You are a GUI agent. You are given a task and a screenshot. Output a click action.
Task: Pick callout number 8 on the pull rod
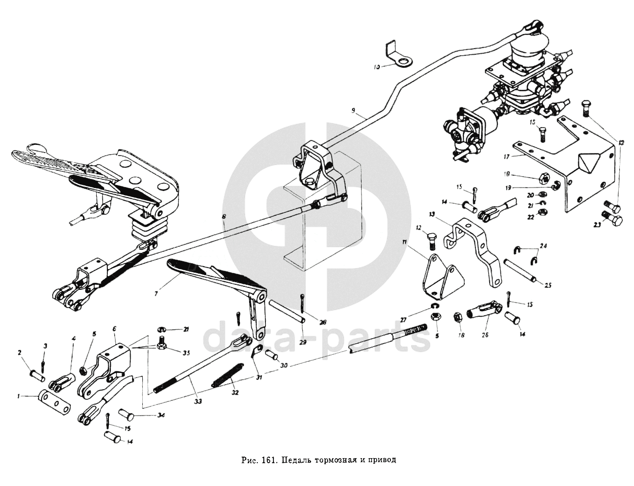[223, 216]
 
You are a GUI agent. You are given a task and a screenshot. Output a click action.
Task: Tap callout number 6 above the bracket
[114, 329]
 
